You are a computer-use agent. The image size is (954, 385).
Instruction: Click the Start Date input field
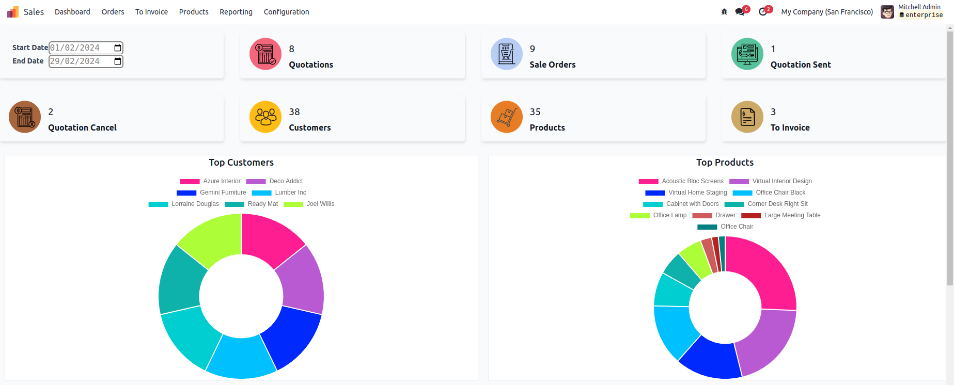tap(80, 48)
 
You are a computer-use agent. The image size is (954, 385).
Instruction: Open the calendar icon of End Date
tap(118, 61)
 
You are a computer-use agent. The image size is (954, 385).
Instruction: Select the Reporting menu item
tap(236, 12)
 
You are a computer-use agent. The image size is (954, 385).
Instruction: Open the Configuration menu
tap(286, 12)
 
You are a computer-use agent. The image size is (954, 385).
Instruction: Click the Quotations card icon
tap(265, 54)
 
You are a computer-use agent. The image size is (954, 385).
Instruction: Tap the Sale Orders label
tap(552, 65)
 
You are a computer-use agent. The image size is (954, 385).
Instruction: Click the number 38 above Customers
tap(294, 112)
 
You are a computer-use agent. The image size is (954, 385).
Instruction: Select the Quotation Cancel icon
tap(25, 117)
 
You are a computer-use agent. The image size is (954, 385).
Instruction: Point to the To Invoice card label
tap(790, 127)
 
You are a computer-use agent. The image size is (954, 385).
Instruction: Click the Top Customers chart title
tap(241, 163)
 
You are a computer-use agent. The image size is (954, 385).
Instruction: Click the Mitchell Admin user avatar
tap(887, 12)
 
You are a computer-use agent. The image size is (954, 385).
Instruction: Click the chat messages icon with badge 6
tap(740, 12)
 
